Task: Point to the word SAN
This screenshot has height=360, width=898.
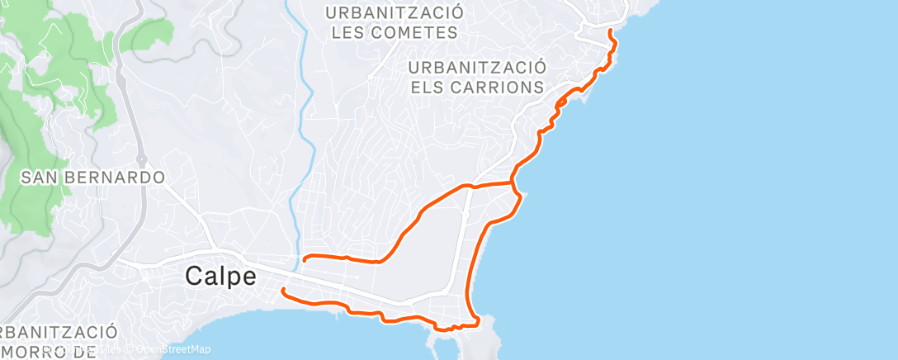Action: [38, 178]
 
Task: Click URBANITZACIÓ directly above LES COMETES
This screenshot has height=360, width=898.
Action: [395, 13]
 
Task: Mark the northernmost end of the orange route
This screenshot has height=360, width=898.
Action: [610, 31]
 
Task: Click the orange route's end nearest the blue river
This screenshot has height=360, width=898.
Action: [305, 259]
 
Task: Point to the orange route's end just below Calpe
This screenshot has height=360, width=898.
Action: [283, 290]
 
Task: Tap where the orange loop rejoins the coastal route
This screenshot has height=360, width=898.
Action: [514, 180]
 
